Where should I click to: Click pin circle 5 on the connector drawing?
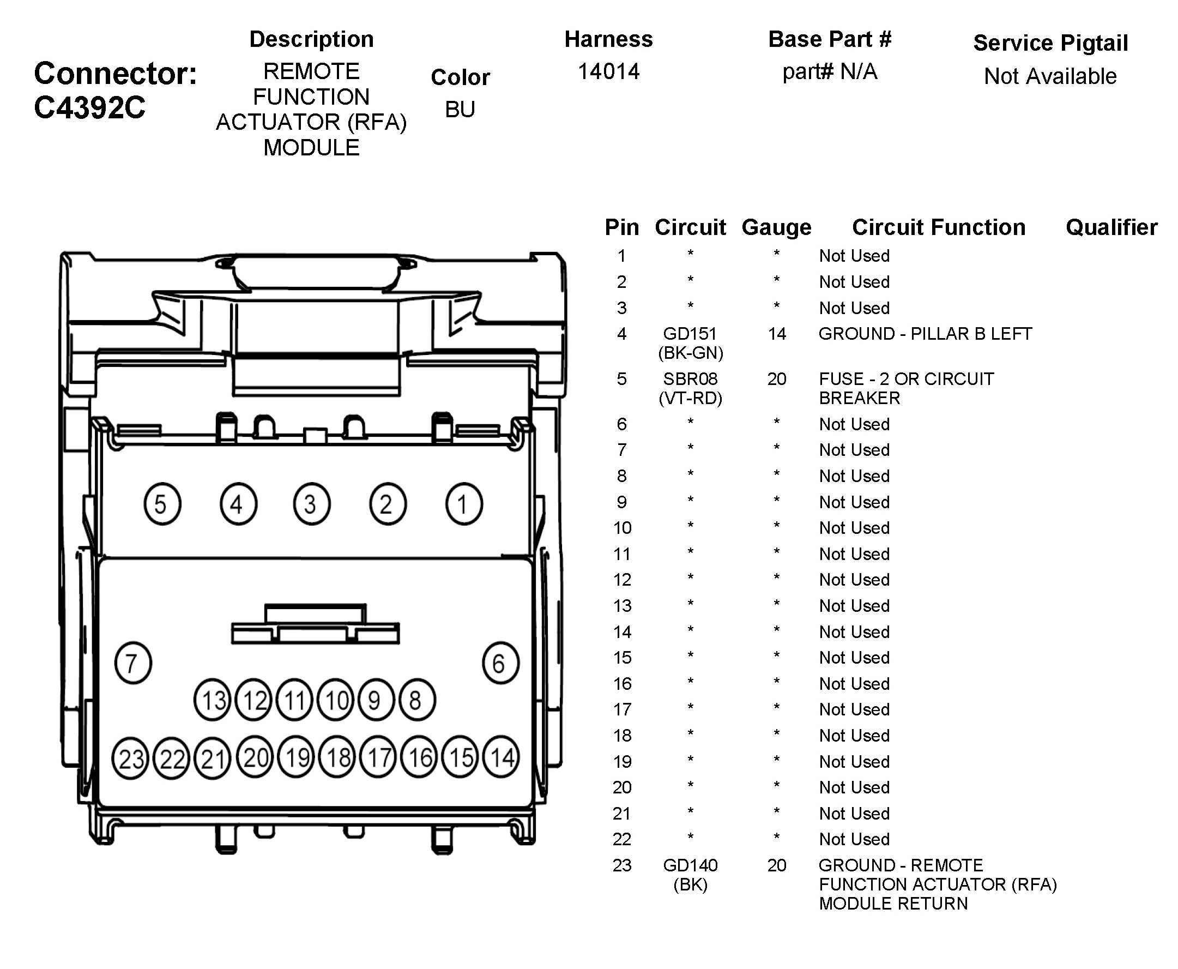(162, 504)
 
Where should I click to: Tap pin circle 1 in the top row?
(463, 504)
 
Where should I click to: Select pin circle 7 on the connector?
(132, 663)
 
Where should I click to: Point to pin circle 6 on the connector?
(500, 663)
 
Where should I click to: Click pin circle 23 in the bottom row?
(130, 759)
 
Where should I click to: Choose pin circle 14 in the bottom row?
(501, 757)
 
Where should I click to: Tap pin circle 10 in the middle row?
(335, 700)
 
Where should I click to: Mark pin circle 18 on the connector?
(337, 757)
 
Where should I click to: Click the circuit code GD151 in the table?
(690, 334)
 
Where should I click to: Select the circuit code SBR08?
(690, 379)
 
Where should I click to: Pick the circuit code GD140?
(690, 865)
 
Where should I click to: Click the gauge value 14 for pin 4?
(776, 334)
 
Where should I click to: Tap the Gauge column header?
(776, 227)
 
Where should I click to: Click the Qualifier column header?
(1111, 227)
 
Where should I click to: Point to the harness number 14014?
(608, 71)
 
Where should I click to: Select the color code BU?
(460, 110)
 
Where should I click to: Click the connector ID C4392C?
(89, 107)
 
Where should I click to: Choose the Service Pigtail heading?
(1050, 43)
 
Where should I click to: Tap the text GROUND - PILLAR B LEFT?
(925, 334)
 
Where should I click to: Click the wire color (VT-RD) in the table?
(690, 399)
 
